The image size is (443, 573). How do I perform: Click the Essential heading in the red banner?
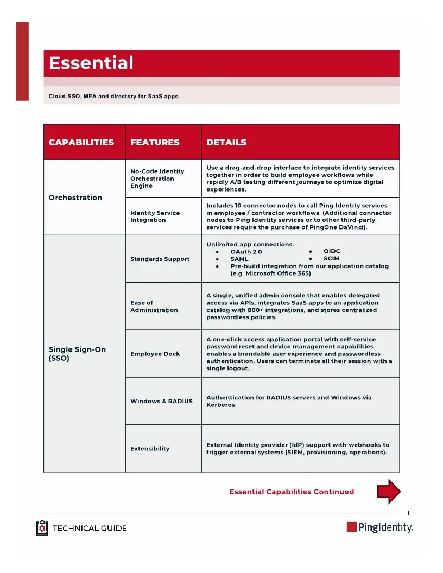click(x=91, y=63)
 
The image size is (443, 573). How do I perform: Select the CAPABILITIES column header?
click(x=81, y=142)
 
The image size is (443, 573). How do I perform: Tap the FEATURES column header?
click(x=155, y=142)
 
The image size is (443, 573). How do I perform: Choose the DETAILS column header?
click(x=226, y=142)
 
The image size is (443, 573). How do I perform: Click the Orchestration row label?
click(x=75, y=198)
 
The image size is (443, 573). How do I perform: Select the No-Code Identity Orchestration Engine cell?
click(x=157, y=179)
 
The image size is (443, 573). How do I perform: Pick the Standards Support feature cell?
click(x=160, y=259)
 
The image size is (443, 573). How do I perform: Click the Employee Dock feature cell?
click(x=155, y=354)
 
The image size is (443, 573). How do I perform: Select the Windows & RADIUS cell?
click(x=161, y=401)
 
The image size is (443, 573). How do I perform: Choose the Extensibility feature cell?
click(x=150, y=449)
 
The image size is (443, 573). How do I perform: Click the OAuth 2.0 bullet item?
click(x=246, y=252)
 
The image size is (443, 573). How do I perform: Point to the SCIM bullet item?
click(x=331, y=259)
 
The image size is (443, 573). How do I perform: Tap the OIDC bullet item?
click(x=331, y=252)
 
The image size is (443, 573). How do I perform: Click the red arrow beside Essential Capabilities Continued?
click(x=389, y=492)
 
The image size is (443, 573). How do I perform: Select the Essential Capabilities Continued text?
click(x=292, y=492)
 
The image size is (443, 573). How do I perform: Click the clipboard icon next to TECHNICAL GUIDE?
click(x=42, y=528)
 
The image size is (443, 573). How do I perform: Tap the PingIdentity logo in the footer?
click(x=380, y=527)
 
